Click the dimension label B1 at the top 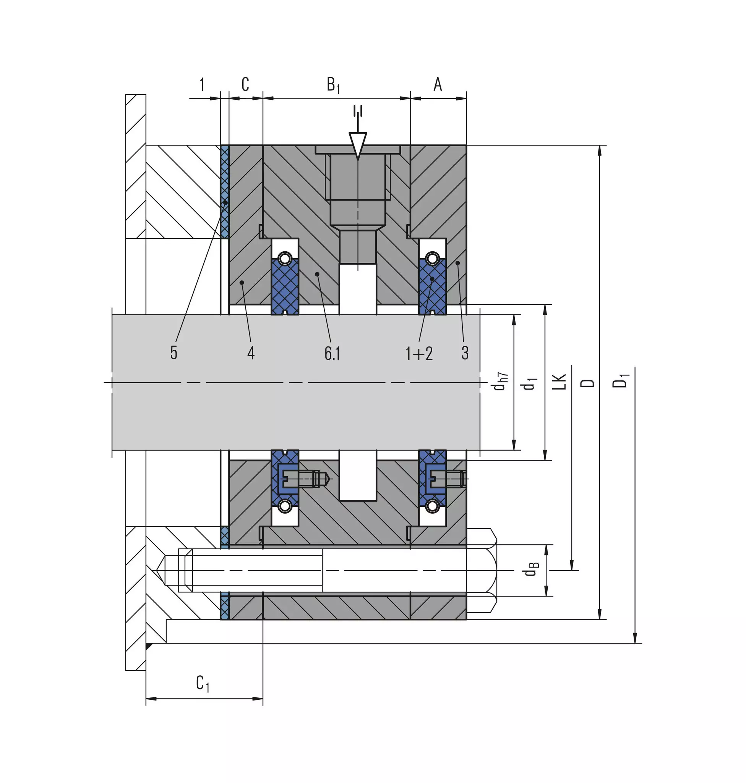[x=333, y=85]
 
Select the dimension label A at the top [x=438, y=84]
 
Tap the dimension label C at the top [x=245, y=84]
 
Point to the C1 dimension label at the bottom [x=203, y=683]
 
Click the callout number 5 [x=174, y=353]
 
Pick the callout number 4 [x=251, y=353]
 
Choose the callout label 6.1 [x=332, y=353]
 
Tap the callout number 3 [x=465, y=353]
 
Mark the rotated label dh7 [x=500, y=381]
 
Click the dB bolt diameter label [x=531, y=569]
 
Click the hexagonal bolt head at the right [x=482, y=570]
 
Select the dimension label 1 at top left [x=202, y=85]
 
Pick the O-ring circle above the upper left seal [x=284, y=259]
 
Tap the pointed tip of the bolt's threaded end [x=156, y=570]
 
